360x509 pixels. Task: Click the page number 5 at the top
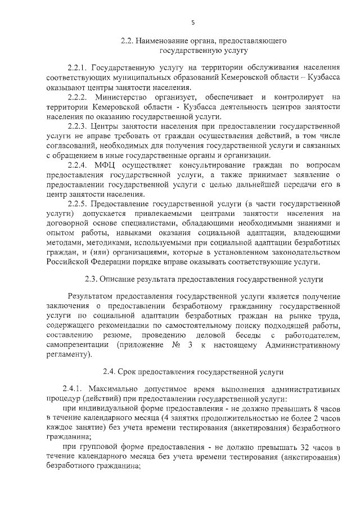click(x=193, y=22)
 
